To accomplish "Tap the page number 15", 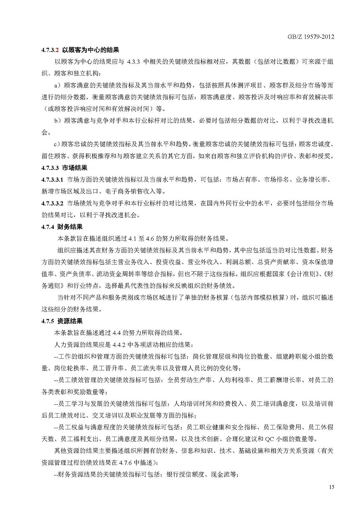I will tap(332, 487).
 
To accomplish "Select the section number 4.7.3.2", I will tap(50, 49).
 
